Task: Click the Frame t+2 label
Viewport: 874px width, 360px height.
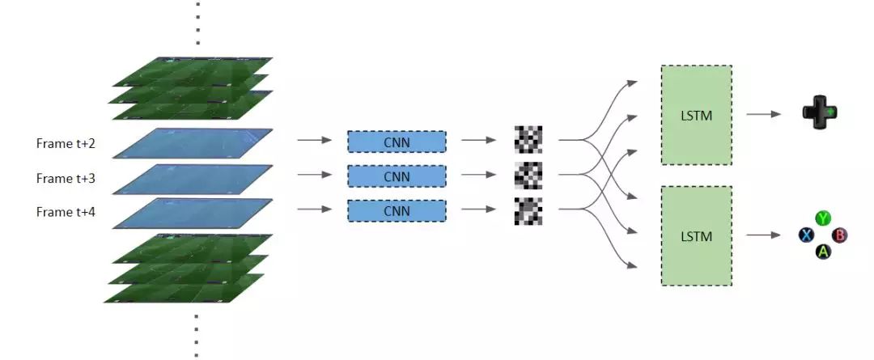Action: click(66, 143)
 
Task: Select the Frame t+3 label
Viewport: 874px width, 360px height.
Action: click(66, 177)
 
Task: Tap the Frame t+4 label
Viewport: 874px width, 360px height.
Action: click(66, 211)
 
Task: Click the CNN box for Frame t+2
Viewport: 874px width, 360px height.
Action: click(397, 142)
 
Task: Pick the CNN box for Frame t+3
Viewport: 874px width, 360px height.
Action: click(397, 176)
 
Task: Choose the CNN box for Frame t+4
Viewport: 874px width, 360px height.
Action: click(397, 211)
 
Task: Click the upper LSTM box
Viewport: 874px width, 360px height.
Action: click(697, 115)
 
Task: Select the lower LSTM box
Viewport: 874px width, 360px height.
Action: click(697, 235)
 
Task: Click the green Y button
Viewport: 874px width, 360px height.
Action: click(823, 218)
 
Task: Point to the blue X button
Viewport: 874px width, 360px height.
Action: click(806, 235)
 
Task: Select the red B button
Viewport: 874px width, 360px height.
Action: click(840, 235)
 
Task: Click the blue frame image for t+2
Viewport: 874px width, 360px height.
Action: click(193, 142)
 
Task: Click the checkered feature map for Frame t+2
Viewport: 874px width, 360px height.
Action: click(528, 140)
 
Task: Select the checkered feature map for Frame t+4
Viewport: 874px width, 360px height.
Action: click(528, 210)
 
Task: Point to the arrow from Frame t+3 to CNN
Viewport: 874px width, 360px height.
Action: click(315, 176)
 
